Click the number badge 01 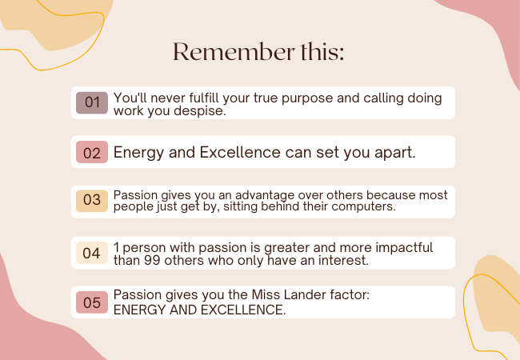click(x=92, y=102)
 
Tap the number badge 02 click(x=92, y=152)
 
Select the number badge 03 click(x=92, y=201)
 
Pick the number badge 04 click(x=92, y=253)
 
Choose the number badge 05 click(x=92, y=302)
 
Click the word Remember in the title click(x=234, y=52)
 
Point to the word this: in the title click(x=322, y=52)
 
